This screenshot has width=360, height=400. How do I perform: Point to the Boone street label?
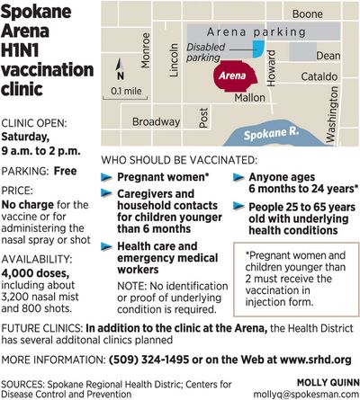click(307, 14)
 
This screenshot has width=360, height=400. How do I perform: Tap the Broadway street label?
click(157, 121)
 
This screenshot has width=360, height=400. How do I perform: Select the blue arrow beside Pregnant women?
click(106, 179)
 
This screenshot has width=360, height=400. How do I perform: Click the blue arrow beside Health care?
click(106, 245)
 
